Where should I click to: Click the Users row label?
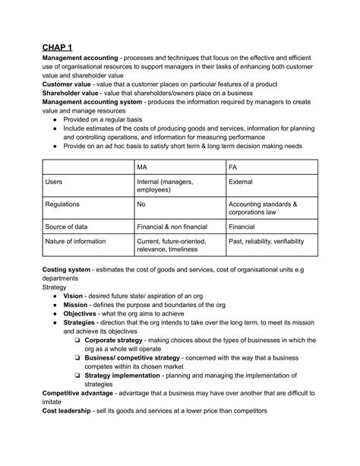[x=54, y=182]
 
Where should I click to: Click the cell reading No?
[x=141, y=204]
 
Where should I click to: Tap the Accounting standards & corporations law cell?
[x=264, y=209]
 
